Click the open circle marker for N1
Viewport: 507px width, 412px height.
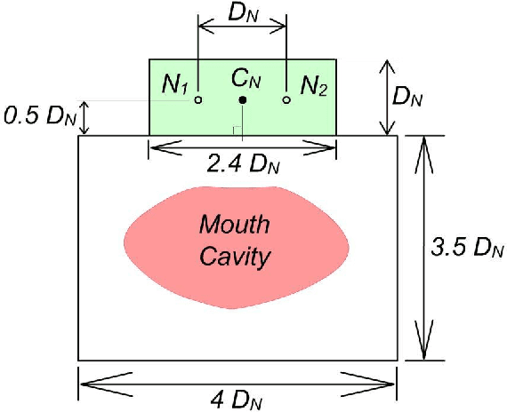(x=198, y=100)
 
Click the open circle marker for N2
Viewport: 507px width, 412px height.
(x=286, y=100)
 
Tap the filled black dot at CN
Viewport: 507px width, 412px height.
(x=242, y=100)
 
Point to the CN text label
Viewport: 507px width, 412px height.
(x=245, y=79)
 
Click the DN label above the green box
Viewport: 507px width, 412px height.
(x=242, y=12)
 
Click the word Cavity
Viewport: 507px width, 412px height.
(x=234, y=257)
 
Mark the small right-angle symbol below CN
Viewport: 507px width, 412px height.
(x=236, y=131)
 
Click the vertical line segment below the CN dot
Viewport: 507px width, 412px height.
(x=242, y=120)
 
